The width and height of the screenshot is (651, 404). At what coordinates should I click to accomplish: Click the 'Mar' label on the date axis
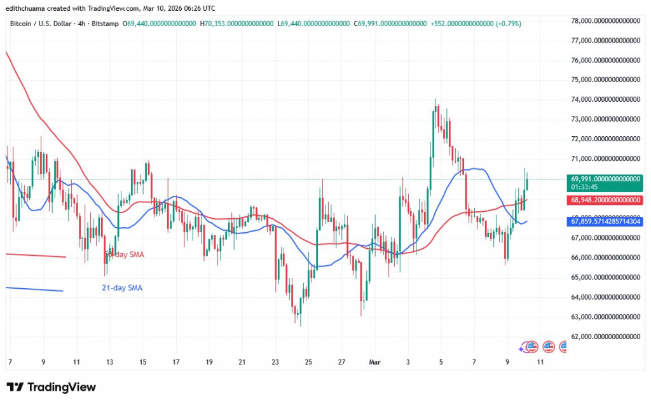click(375, 362)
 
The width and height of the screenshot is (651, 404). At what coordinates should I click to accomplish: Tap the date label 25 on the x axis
click(308, 362)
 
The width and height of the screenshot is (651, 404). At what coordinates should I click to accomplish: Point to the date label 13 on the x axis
click(109, 362)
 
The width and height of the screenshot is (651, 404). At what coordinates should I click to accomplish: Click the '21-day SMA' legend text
click(122, 288)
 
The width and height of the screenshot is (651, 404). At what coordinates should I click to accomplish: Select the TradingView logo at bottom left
click(51, 387)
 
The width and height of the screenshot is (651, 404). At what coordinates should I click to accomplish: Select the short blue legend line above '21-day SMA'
click(34, 289)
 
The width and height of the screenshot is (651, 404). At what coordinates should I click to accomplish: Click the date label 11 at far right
click(540, 362)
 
